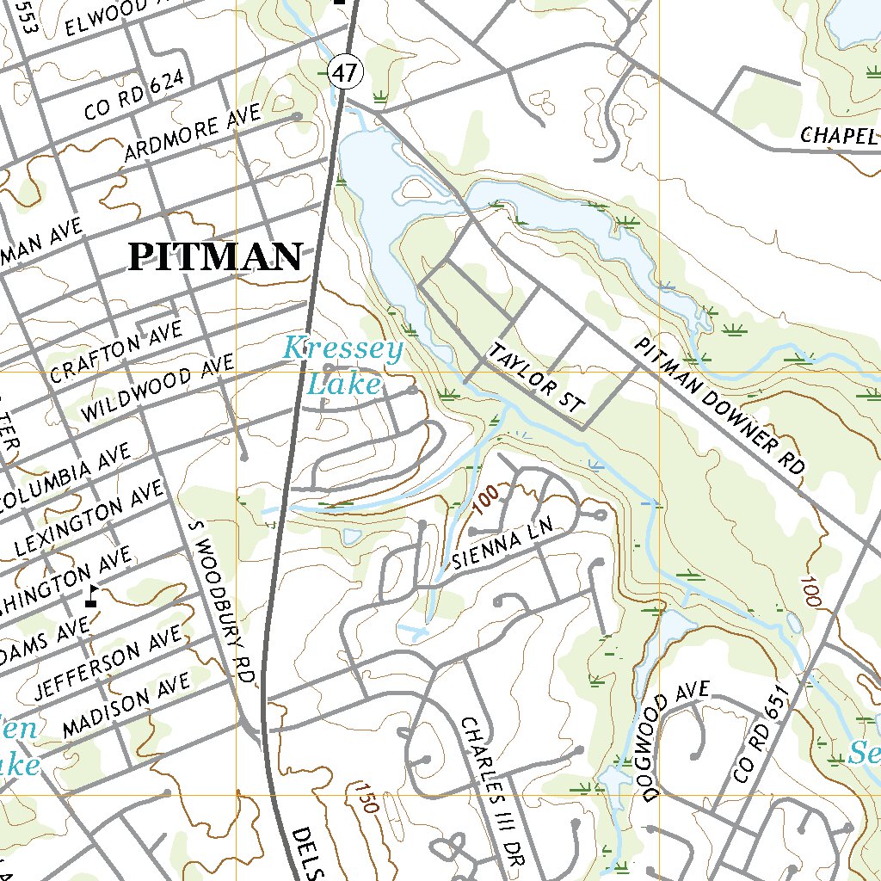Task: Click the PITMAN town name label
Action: click(x=215, y=257)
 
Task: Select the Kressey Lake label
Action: click(x=343, y=367)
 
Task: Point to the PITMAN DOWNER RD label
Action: click(x=719, y=406)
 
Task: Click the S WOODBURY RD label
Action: click(x=220, y=599)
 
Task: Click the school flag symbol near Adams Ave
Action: click(x=91, y=596)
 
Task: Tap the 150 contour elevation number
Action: click(x=365, y=798)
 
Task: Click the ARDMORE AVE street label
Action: click(x=193, y=135)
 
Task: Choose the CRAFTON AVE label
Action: click(x=116, y=352)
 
